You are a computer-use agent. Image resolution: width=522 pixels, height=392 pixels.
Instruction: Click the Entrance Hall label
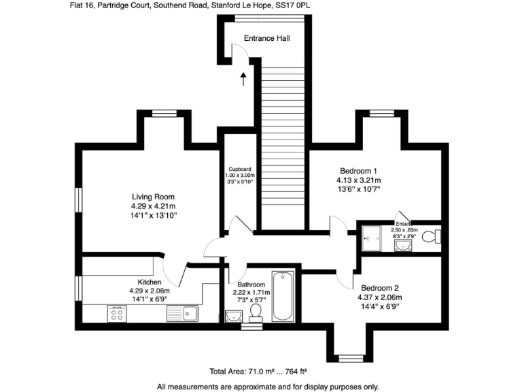(x=267, y=38)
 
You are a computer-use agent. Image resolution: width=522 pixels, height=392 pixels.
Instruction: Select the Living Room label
(x=154, y=197)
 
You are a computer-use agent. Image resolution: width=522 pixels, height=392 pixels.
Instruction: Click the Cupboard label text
(x=240, y=169)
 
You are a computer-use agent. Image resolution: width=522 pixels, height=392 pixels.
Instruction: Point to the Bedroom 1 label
(x=358, y=171)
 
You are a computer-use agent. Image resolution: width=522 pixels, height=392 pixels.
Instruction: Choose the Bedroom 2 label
(x=380, y=287)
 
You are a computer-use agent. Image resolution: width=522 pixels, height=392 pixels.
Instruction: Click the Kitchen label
(x=150, y=282)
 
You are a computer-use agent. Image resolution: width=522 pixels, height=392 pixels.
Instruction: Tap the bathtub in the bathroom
(x=283, y=296)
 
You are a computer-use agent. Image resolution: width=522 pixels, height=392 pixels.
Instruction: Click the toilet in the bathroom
(x=256, y=312)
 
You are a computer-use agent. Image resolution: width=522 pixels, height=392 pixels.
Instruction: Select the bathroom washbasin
(x=233, y=315)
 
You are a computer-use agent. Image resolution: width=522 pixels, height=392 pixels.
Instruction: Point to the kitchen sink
(x=182, y=313)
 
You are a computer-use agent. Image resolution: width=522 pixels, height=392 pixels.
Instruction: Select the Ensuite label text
(x=404, y=223)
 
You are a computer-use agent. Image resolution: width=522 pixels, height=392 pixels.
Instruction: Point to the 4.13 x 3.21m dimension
(x=358, y=180)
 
